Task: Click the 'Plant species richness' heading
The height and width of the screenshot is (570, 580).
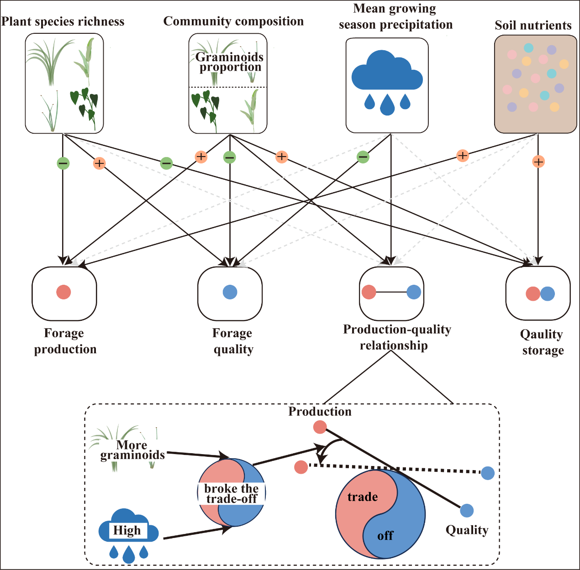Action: pyautogui.click(x=63, y=21)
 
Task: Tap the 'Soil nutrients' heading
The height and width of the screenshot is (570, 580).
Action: pyautogui.click(x=533, y=26)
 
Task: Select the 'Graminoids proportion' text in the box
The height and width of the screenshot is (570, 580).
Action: pyautogui.click(x=229, y=62)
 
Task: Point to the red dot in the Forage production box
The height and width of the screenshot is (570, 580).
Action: pyautogui.click(x=63, y=292)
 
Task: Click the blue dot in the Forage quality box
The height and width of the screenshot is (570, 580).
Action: pyautogui.click(x=230, y=292)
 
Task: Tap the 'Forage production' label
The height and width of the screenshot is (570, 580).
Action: pyautogui.click(x=65, y=341)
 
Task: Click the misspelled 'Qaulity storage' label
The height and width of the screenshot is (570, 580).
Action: pyautogui.click(x=542, y=342)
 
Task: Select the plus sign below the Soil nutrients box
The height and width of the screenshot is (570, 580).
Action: pyautogui.click(x=538, y=162)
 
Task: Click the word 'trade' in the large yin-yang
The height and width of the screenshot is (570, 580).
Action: pyautogui.click(x=363, y=497)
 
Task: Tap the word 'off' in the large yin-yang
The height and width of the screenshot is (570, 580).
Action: pyautogui.click(x=385, y=536)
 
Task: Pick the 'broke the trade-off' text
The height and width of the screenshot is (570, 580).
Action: pyautogui.click(x=232, y=494)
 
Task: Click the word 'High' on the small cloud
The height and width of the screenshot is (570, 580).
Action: pyautogui.click(x=127, y=530)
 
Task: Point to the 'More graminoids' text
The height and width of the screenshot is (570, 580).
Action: pyautogui.click(x=132, y=450)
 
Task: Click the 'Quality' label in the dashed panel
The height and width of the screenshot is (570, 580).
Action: pyautogui.click(x=467, y=530)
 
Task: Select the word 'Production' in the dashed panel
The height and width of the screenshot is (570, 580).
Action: pyautogui.click(x=320, y=412)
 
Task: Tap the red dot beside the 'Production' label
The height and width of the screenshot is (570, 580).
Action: pyautogui.click(x=320, y=427)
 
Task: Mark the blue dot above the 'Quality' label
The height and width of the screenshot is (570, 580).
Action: pyautogui.click(x=466, y=510)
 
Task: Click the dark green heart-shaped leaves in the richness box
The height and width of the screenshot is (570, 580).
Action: pyautogui.click(x=85, y=104)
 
